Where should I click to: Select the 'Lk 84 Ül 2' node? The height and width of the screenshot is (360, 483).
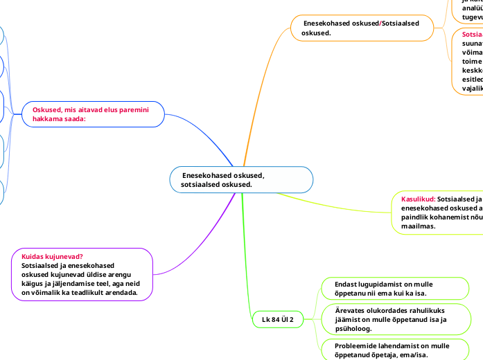tap(277, 319)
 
